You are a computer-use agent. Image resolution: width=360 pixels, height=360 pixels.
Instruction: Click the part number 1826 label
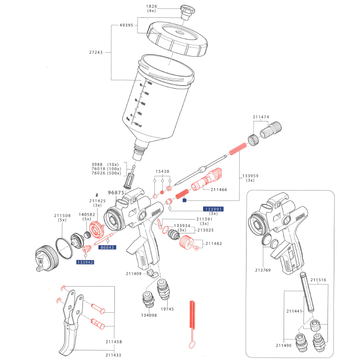pos(152,7)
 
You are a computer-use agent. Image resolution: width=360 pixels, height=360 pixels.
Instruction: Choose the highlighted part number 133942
pos(85,262)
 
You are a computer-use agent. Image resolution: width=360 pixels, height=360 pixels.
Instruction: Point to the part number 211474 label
pos(261,117)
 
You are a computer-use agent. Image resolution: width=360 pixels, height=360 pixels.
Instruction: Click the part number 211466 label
pos(218,189)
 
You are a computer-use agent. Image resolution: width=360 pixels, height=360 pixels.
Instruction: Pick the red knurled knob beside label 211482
pos(186,242)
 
